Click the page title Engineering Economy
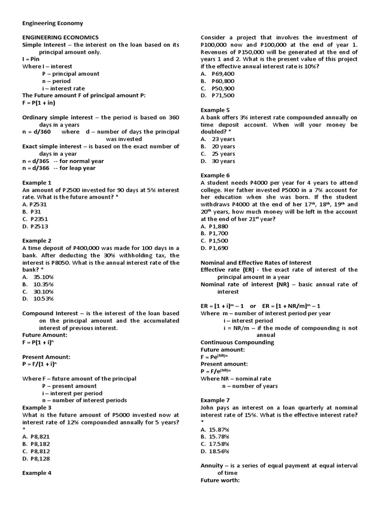[53, 23]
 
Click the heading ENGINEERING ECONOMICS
[61, 37]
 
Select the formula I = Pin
[31, 59]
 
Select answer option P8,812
[39, 451]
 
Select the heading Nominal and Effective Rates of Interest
[256, 262]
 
